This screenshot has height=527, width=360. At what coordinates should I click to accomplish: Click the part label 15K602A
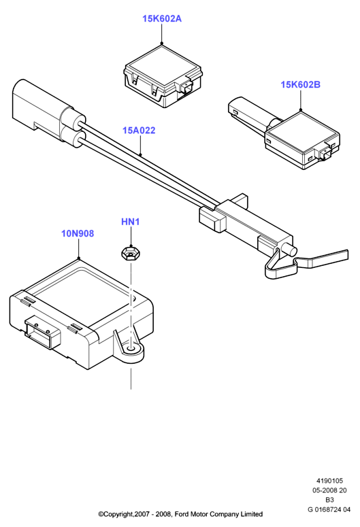point(162,19)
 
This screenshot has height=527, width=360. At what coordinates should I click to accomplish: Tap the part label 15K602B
point(300,85)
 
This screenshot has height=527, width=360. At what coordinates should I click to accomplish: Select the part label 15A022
point(139,131)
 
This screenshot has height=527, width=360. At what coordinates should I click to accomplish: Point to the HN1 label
point(130,222)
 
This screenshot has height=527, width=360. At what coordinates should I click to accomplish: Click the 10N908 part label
point(78,233)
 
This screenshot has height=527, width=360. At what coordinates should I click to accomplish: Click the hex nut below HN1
point(130,254)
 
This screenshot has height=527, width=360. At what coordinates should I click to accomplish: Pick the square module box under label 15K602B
point(302,141)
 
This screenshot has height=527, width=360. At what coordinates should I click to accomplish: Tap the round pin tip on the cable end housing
point(291,250)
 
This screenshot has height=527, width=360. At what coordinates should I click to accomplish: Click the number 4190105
point(329,481)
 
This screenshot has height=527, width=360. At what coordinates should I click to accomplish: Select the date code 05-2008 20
point(329,490)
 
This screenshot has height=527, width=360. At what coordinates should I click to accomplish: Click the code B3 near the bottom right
point(330,500)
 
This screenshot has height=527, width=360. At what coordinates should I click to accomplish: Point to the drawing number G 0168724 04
point(329,509)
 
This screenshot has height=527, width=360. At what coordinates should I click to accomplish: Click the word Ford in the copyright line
point(182,514)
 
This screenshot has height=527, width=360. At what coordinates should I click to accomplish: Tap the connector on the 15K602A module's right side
point(186,87)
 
